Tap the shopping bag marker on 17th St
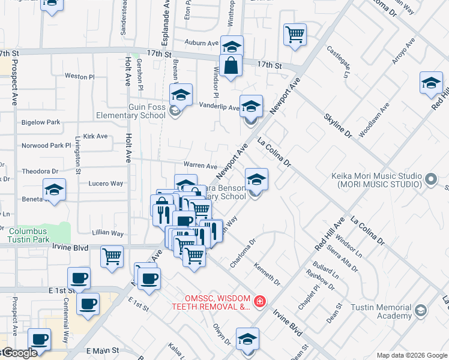coord(231,67)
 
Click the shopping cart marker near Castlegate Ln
coord(295,34)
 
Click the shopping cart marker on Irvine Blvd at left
coord(112,256)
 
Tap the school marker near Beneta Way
coord(54,190)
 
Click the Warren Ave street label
coord(200,166)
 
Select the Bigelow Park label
coord(41,122)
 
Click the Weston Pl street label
coord(80,77)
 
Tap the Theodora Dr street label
coord(40,171)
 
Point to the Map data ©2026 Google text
coord(411,355)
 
